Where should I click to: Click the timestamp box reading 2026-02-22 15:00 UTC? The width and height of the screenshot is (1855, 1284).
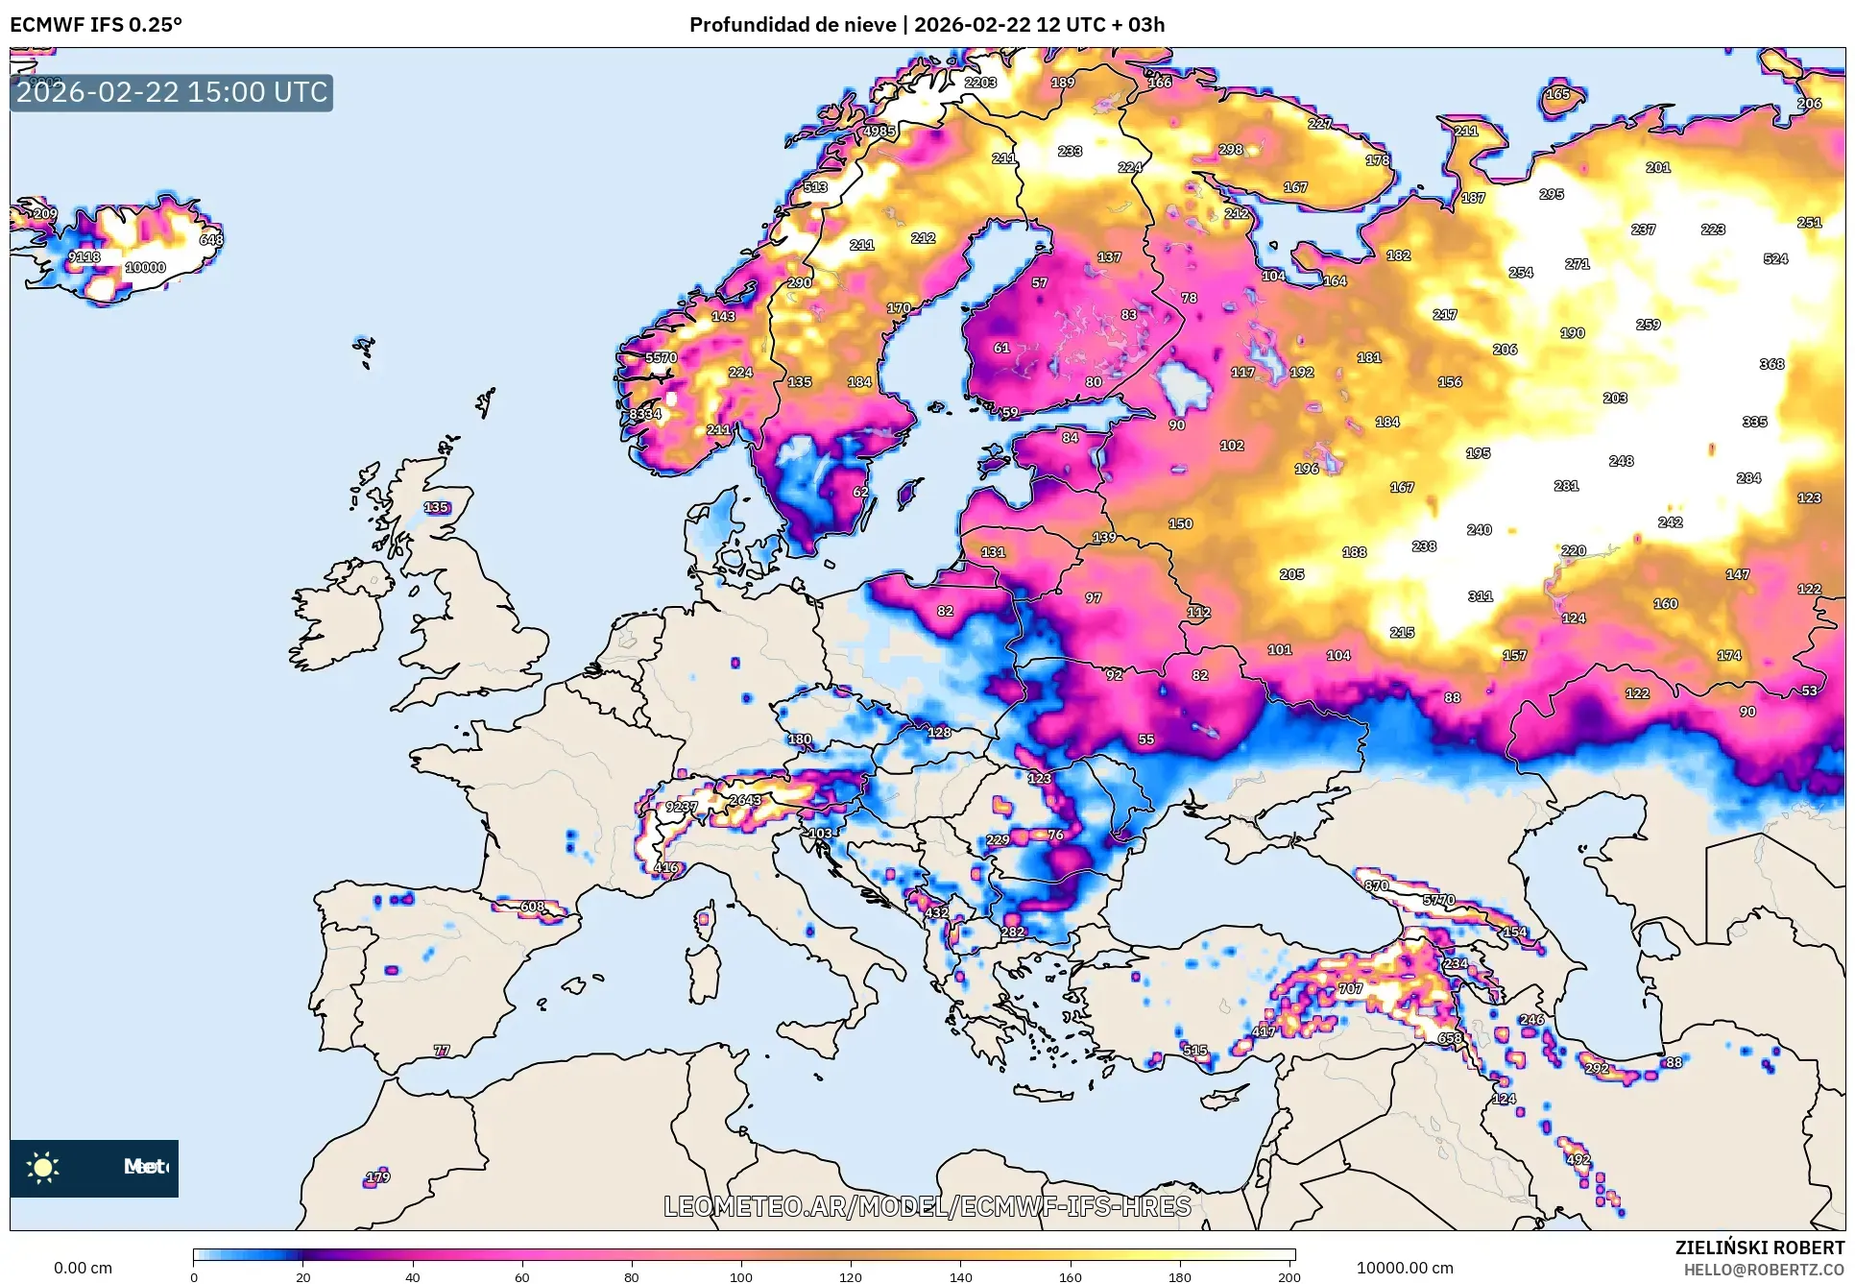pos(171,93)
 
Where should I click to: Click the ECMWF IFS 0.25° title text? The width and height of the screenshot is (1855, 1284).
pos(96,25)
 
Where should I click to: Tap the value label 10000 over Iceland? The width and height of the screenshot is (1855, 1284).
pos(145,268)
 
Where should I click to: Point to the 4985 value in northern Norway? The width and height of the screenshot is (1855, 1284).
pos(879,132)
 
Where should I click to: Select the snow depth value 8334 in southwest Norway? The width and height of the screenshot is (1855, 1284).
pos(645,414)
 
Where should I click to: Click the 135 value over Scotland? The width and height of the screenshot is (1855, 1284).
pos(436,507)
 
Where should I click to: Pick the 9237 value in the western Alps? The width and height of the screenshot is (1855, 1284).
pos(682,807)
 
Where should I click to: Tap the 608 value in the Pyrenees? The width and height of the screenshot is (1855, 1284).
pos(532,907)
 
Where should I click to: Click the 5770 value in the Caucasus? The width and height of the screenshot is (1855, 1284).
pos(1438,900)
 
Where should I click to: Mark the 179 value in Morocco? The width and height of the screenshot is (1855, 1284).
pos(378,1176)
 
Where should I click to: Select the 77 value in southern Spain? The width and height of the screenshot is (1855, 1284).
pos(442,1051)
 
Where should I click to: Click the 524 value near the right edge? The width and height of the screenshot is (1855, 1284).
pos(1775,258)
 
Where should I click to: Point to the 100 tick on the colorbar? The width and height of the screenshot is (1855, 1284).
pos(740,1276)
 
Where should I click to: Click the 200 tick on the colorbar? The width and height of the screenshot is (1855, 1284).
pos(1289,1276)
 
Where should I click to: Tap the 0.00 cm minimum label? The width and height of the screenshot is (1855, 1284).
pos(83,1268)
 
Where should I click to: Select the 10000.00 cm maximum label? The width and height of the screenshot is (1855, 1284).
pos(1404,1268)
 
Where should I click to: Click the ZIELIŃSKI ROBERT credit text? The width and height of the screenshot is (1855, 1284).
pos(1759,1248)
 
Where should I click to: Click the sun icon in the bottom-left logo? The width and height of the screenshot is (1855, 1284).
pos(43,1168)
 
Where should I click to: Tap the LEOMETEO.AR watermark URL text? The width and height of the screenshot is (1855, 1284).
pos(927,1206)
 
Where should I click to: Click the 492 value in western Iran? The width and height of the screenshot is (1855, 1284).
pos(1578,1159)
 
